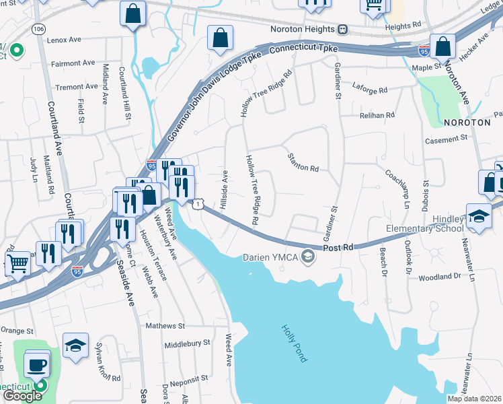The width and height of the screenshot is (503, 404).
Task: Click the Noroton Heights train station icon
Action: point(343,30)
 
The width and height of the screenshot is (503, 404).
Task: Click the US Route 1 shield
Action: point(200,203)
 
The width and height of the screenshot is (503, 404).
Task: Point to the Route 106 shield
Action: point(38,30)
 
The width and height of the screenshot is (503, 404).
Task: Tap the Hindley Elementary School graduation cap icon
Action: point(478,216)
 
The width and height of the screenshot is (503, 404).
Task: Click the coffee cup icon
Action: point(37,364)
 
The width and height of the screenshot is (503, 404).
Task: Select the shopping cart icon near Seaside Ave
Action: point(18,263)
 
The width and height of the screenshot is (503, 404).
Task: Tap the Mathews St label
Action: point(165,326)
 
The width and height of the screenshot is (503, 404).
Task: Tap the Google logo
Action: point(22,396)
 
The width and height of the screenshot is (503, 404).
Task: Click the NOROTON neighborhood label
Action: point(467,123)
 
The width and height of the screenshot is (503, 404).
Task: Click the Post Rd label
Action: point(338,248)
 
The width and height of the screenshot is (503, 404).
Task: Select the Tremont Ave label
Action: point(77,87)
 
